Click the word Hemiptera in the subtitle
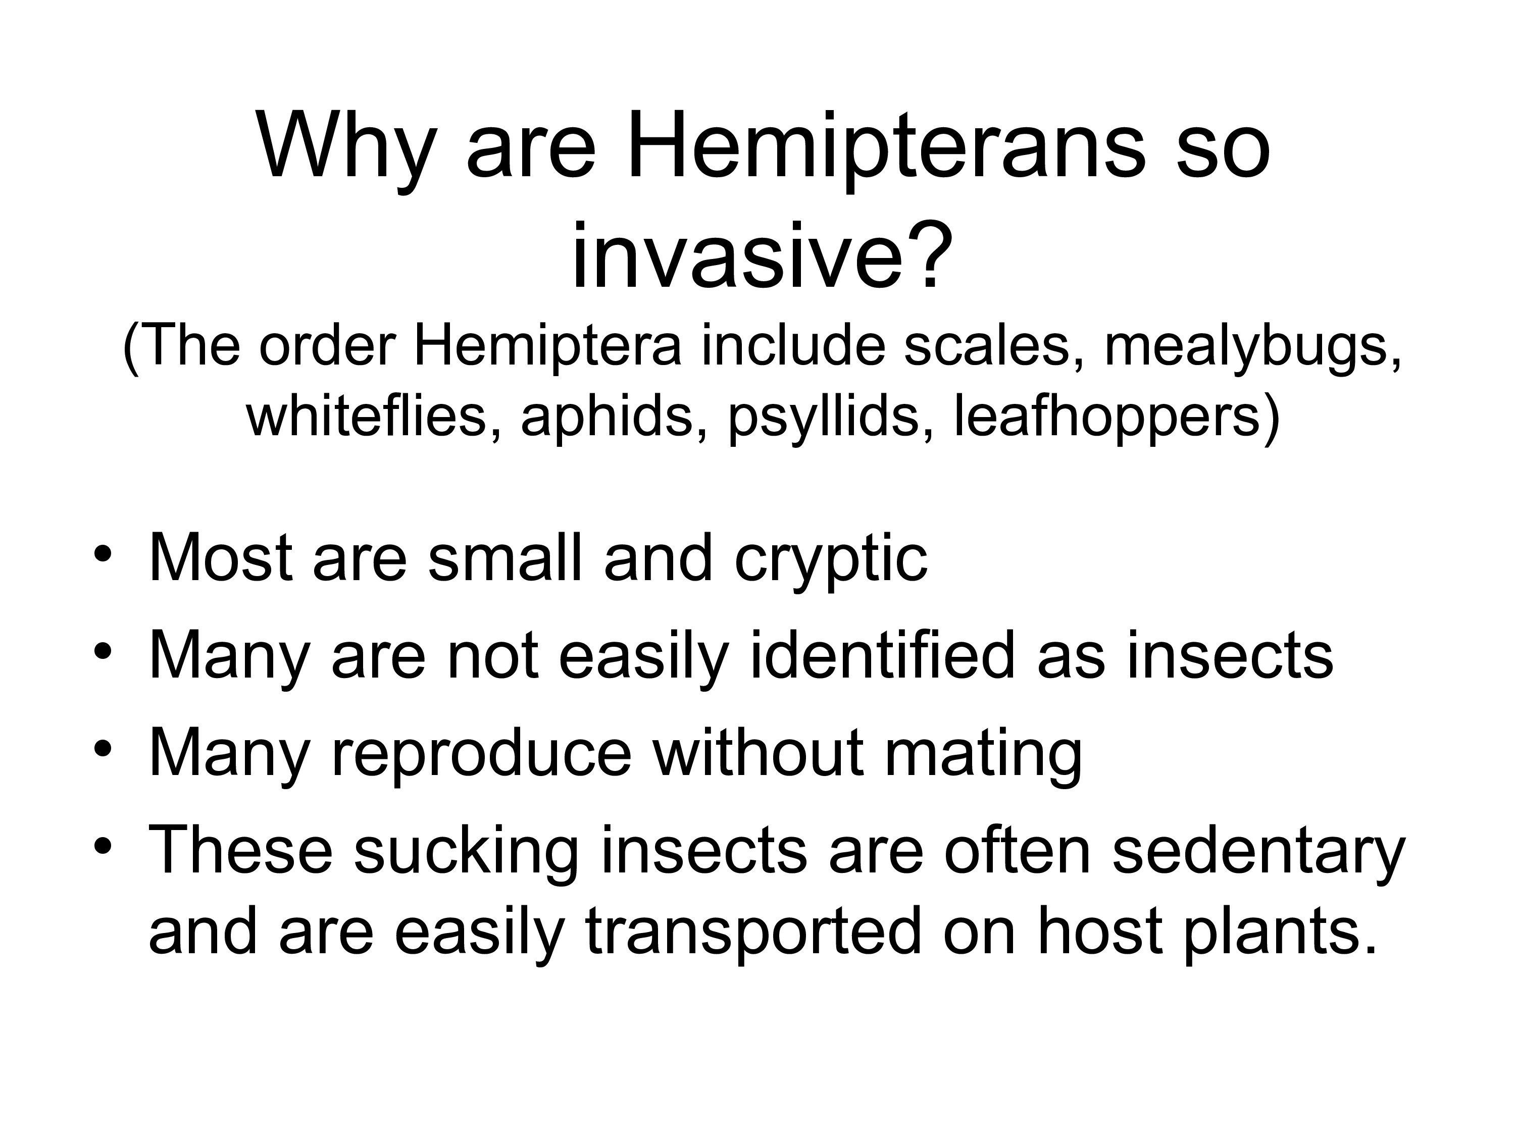(548, 347)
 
